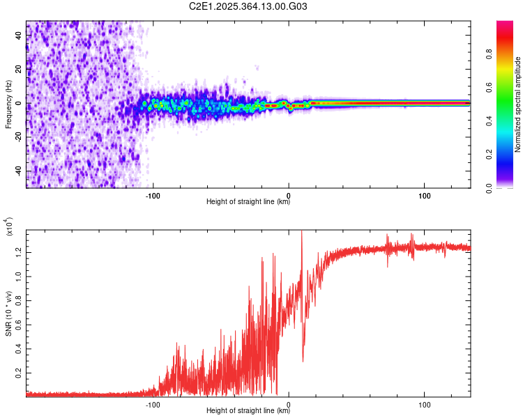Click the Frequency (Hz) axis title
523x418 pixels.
click(x=8, y=104)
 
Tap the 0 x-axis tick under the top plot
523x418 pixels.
click(x=289, y=194)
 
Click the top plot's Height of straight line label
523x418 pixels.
click(x=248, y=202)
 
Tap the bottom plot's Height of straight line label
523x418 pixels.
click(x=248, y=412)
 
